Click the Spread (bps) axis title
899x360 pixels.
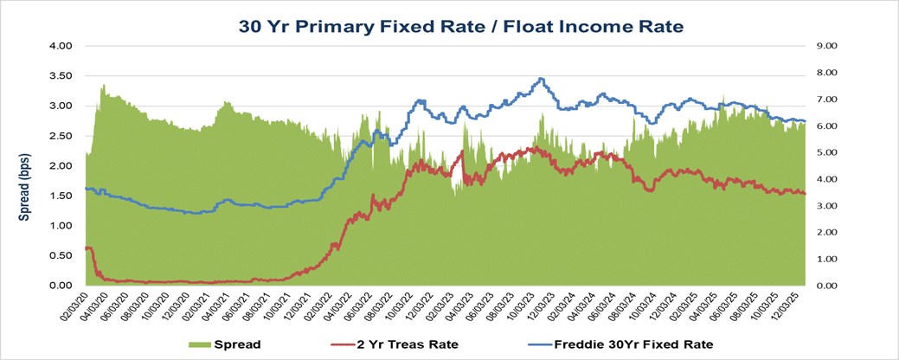click(25, 166)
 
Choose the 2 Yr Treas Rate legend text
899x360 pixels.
click(407, 344)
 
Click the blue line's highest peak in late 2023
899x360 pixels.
click(541, 79)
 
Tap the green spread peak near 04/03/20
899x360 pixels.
click(104, 86)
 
